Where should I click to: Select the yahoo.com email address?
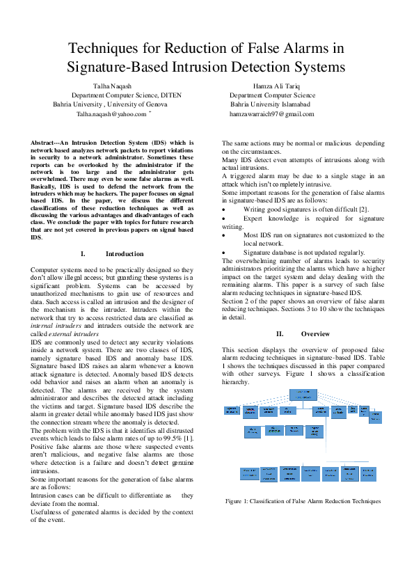tap(111, 113)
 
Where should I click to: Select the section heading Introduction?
tap(125, 254)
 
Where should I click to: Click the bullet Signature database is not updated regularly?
tap(303, 253)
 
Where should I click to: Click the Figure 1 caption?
tap(303, 501)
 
